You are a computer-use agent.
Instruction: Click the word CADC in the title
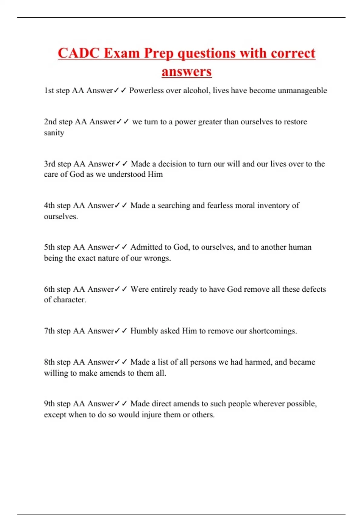(79, 53)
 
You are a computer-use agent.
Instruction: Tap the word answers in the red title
(187, 72)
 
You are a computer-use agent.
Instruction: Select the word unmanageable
(302, 91)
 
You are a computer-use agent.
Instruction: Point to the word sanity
(54, 133)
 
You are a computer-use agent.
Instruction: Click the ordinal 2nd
(50, 122)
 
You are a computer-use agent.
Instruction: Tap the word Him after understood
(155, 174)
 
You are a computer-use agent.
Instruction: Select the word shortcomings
(273, 331)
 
